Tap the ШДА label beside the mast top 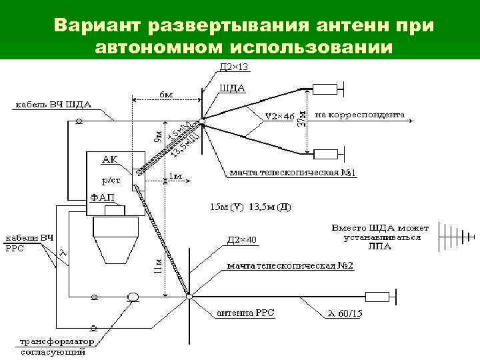[x=233, y=88]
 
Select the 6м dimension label [x=167, y=95]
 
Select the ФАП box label [x=102, y=197]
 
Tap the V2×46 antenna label [x=279, y=116]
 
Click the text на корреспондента [x=359, y=115]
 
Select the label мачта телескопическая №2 [x=290, y=266]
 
